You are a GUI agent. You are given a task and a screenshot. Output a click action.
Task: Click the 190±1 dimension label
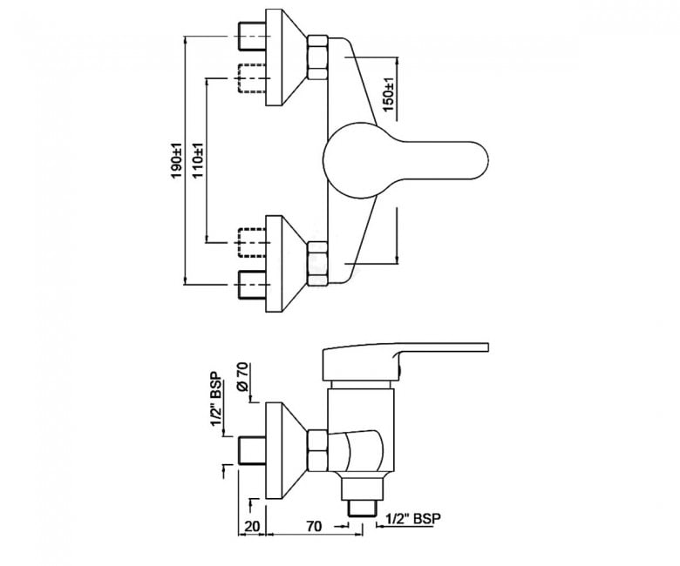click(x=176, y=161)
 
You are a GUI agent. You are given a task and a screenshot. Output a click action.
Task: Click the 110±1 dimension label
click(x=198, y=161)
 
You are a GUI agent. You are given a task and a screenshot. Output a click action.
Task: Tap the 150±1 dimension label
click(x=389, y=94)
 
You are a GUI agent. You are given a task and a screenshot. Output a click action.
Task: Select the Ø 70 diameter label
click(x=243, y=377)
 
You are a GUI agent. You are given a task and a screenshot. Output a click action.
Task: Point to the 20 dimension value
click(x=253, y=527)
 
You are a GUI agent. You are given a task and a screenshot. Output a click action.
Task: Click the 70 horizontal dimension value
click(x=314, y=527)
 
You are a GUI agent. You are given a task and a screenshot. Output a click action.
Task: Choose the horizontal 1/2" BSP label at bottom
click(x=413, y=518)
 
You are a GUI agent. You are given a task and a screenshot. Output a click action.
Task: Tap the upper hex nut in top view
click(x=317, y=58)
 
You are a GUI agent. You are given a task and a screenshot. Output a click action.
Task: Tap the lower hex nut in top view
click(x=317, y=264)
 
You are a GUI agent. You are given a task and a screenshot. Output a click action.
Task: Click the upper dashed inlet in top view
click(x=252, y=78)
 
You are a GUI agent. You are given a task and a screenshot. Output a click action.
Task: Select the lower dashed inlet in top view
click(x=252, y=243)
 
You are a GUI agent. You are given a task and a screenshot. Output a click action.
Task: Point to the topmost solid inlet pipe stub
click(x=252, y=36)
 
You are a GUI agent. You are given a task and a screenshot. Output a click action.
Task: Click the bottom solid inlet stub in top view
click(x=252, y=285)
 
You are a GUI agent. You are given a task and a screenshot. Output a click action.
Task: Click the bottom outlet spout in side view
click(x=362, y=495)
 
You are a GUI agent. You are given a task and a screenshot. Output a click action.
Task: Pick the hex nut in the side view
click(x=317, y=451)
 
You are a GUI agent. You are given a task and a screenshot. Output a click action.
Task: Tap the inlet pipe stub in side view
click(x=252, y=451)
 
